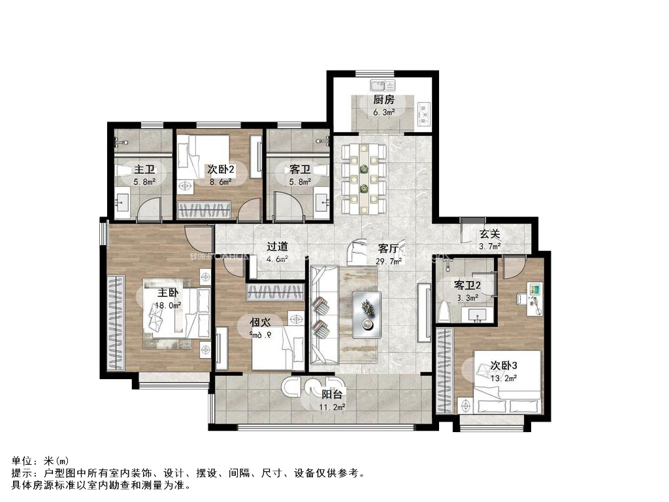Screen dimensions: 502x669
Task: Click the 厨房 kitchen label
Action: point(383,100)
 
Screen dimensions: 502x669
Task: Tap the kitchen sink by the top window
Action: point(381,85)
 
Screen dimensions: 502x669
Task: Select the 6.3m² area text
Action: point(383,112)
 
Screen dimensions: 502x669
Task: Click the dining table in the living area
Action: point(365,178)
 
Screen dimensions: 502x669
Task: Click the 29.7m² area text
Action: point(388,261)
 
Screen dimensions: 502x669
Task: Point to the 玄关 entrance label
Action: point(489,234)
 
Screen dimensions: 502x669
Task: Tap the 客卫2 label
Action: point(468,286)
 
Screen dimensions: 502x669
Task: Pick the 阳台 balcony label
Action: point(333,394)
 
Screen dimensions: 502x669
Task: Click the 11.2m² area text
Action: point(333,407)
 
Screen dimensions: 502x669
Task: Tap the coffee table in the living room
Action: point(366,314)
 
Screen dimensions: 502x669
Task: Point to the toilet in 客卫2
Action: point(444,310)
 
